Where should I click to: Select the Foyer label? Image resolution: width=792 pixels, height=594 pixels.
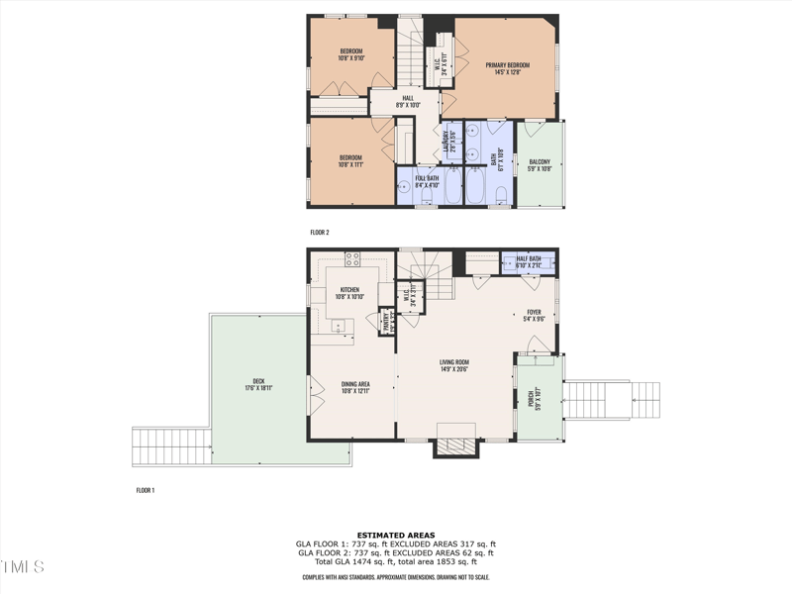[x=534, y=316]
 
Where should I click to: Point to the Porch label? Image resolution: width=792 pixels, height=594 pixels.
[x=531, y=397]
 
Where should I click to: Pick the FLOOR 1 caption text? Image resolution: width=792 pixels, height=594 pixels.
[x=146, y=490]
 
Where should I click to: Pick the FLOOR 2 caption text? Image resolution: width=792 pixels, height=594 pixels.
[x=319, y=233]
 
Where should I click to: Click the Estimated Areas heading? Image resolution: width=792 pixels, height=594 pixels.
[x=396, y=535]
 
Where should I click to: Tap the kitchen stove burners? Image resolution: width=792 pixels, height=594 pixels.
[x=351, y=259]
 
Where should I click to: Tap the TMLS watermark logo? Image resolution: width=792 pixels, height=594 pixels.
[x=23, y=567]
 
